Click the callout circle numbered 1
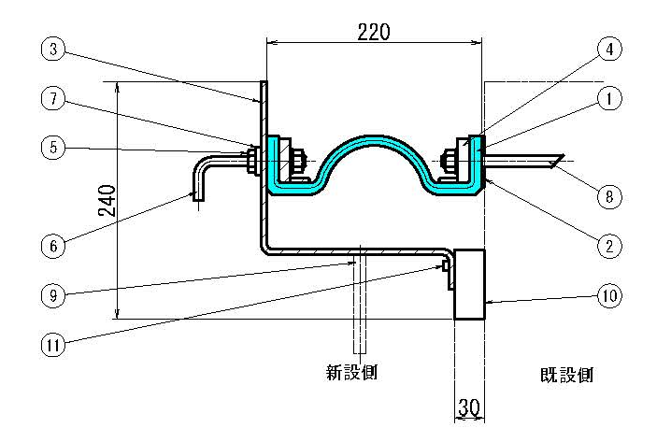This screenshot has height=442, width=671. tap(608, 96)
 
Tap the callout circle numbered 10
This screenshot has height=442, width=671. tap(608, 296)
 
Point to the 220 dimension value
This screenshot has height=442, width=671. tap(374, 30)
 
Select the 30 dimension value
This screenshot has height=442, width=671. tap(468, 407)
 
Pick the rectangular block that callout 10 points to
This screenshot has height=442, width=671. tap(468, 284)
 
